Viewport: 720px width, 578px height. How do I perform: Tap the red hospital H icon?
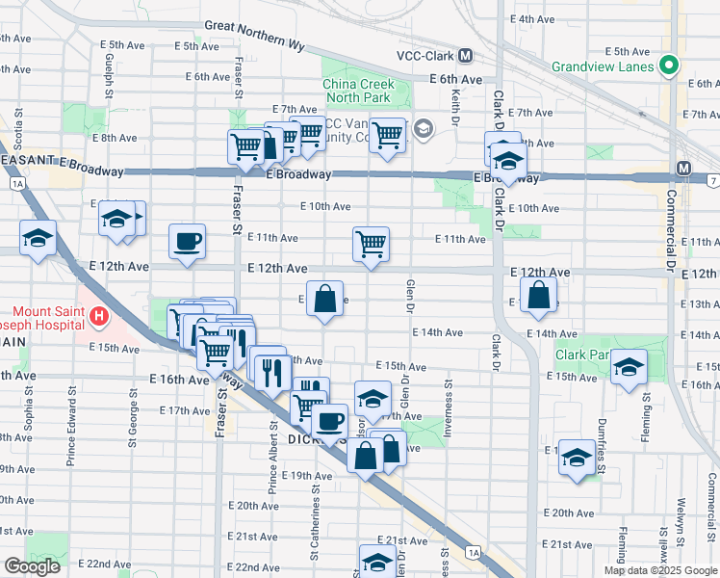click(x=96, y=315)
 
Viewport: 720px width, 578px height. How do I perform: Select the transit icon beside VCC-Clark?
click(x=466, y=56)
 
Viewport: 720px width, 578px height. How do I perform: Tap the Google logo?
click(x=32, y=566)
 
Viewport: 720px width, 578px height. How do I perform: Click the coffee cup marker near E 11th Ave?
click(x=187, y=241)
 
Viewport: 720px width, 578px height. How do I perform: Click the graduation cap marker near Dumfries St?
click(x=577, y=457)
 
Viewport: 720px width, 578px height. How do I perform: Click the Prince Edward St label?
click(x=71, y=428)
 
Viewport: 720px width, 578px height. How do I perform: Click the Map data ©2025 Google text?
click(x=659, y=570)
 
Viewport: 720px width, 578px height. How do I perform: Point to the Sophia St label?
click(x=29, y=420)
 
